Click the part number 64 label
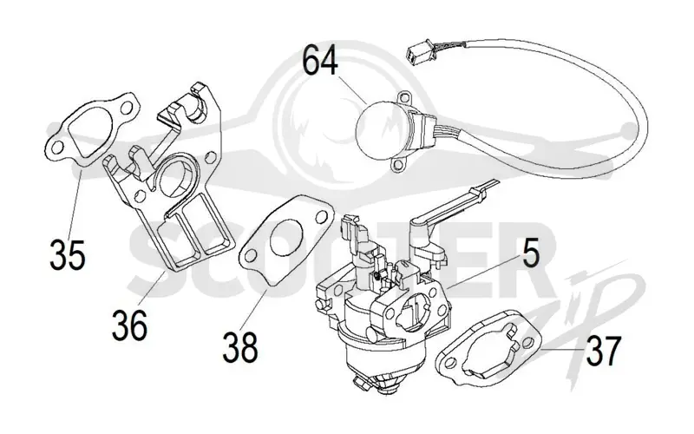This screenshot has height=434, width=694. (320, 61)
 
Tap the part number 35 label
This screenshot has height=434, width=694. (68, 254)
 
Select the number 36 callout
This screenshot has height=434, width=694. (129, 325)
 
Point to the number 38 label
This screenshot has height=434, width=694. (240, 347)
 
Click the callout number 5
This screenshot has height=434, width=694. (531, 253)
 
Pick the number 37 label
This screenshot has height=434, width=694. (604, 351)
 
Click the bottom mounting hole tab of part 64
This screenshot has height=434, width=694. (398, 164)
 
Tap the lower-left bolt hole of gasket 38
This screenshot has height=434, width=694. (251, 255)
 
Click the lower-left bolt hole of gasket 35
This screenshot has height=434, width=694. (56, 147)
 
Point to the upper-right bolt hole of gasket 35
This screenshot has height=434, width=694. (126, 108)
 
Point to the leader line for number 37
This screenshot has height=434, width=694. (562, 349)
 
